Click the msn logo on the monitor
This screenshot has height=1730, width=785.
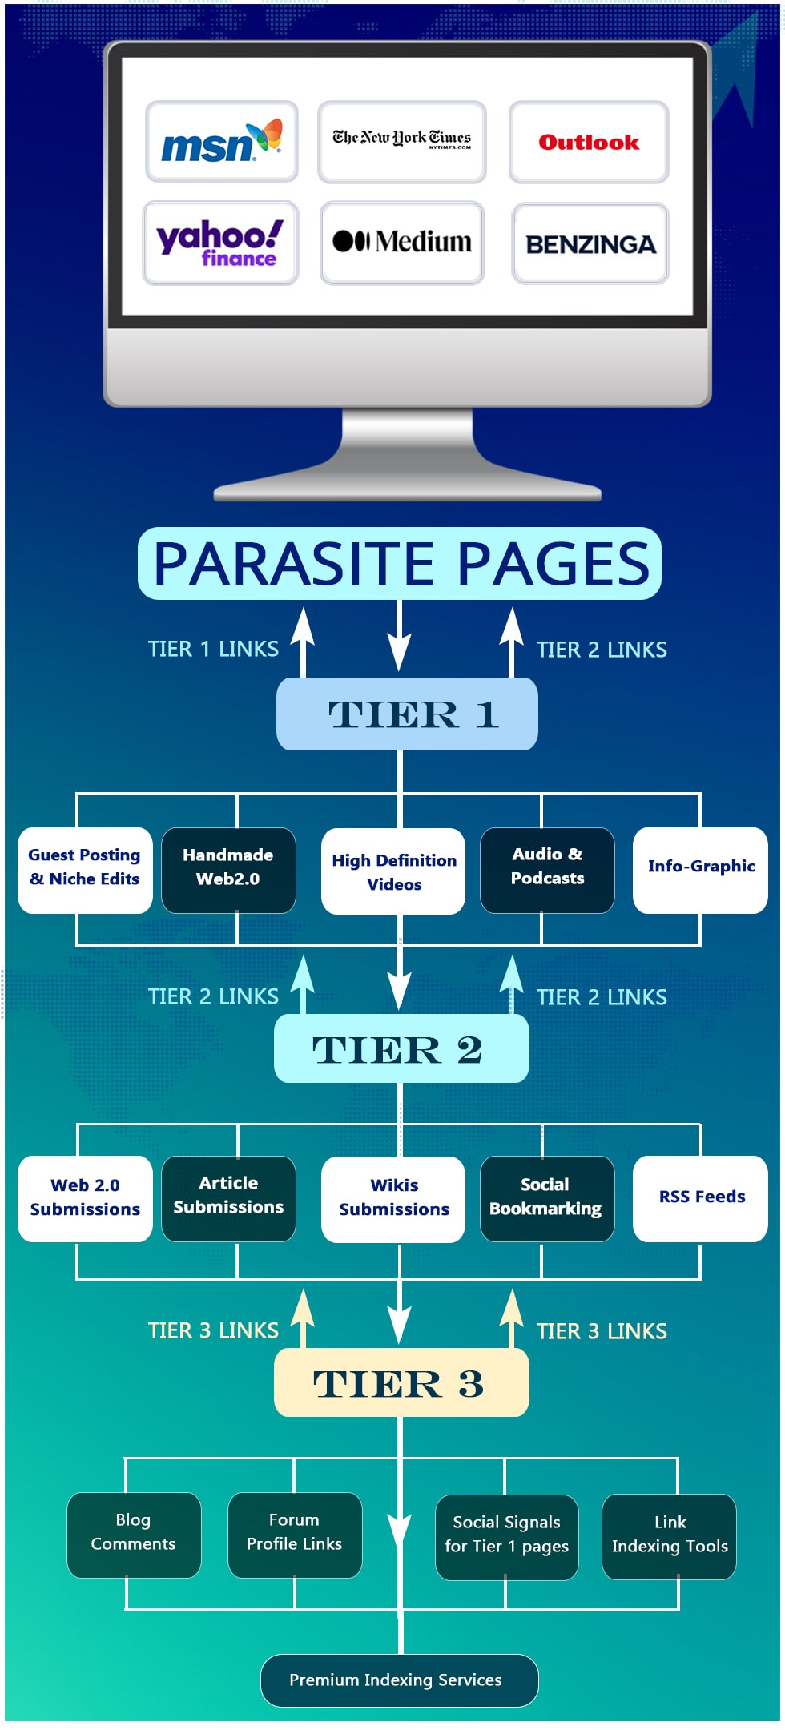click(221, 142)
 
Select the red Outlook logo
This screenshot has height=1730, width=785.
click(589, 142)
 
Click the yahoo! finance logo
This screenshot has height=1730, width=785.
click(220, 243)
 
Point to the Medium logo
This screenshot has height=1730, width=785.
click(402, 242)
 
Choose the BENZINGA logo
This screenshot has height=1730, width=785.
click(590, 243)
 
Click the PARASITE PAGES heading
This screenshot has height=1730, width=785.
click(400, 563)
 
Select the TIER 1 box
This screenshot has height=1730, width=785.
click(407, 714)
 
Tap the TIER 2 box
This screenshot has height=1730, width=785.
click(401, 1048)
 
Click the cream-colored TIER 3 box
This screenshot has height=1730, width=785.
click(401, 1382)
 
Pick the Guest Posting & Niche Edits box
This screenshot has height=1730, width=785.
click(85, 869)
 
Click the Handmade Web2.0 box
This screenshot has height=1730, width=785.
click(228, 869)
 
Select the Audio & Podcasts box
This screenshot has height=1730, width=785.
click(547, 869)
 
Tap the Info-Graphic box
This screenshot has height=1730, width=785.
click(700, 869)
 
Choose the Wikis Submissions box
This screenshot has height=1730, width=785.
click(393, 1198)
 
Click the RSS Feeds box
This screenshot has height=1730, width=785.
click(700, 1198)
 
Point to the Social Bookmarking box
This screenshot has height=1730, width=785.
click(547, 1198)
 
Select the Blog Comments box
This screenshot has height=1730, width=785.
click(134, 1534)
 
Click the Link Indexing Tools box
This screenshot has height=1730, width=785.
click(669, 1535)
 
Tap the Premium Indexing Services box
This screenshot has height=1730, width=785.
click(399, 1680)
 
